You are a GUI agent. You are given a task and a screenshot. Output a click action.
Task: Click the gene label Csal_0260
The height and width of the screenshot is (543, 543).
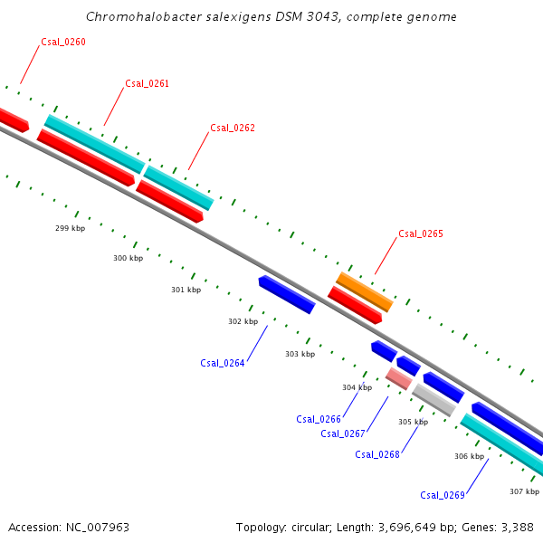(x=63, y=42)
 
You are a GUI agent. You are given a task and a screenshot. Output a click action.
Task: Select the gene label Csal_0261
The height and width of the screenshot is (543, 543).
(x=147, y=83)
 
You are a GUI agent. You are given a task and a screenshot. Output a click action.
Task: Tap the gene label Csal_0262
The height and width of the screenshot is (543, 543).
(x=233, y=128)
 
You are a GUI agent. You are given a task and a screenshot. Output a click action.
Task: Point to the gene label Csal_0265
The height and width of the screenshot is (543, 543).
(x=421, y=233)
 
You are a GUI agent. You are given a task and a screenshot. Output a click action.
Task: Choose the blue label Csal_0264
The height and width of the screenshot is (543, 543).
(x=223, y=363)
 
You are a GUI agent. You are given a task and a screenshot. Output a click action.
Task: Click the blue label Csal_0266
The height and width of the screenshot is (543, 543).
(x=319, y=419)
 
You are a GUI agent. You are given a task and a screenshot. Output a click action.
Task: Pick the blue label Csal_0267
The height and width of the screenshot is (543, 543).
(x=343, y=433)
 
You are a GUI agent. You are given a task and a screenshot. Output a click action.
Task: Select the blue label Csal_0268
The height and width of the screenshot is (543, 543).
(x=377, y=454)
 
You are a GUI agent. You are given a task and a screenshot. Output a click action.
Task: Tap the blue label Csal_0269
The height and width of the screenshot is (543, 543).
(x=443, y=495)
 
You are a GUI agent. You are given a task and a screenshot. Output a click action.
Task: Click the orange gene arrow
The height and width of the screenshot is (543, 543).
(x=365, y=291)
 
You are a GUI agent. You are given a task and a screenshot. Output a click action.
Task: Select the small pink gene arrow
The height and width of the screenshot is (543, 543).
(x=398, y=378)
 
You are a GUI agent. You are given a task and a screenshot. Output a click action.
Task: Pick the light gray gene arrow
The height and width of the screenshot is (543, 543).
(x=433, y=400)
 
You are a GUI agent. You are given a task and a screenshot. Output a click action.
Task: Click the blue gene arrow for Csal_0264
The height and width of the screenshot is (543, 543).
(x=286, y=295)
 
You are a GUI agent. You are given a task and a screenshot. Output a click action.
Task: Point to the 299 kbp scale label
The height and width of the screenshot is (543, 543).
(x=70, y=228)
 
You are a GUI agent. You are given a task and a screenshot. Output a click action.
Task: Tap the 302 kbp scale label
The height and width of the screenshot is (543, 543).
(x=243, y=321)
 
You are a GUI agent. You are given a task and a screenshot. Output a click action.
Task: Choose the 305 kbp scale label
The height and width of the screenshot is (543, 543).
(x=413, y=422)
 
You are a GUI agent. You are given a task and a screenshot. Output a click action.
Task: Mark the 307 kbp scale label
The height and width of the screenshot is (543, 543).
(x=524, y=491)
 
